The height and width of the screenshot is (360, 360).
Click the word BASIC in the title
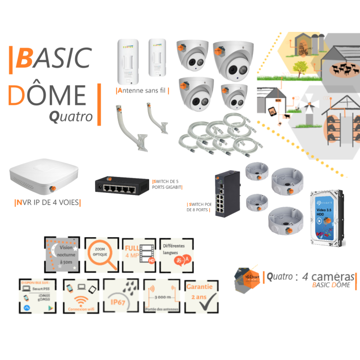point(53,58)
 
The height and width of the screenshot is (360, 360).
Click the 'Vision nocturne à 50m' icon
point(62,254)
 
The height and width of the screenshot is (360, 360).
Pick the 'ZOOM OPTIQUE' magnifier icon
point(101,255)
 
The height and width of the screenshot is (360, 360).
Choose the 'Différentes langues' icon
point(178,255)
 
